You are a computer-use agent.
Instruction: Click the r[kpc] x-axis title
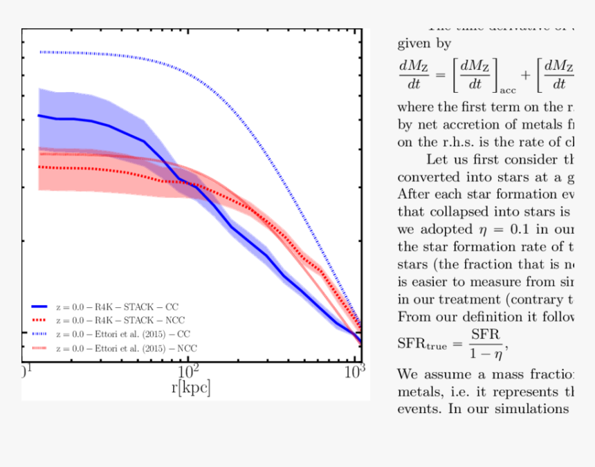coord(190,387)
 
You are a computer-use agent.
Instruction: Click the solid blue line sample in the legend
coord(39,306)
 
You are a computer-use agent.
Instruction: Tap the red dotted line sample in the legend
coord(39,320)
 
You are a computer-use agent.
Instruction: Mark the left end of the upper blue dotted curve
coord(40,52)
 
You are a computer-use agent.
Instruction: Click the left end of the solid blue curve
coord(39,116)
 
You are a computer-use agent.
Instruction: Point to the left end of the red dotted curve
coord(39,167)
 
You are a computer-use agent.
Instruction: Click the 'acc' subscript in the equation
coord(508,91)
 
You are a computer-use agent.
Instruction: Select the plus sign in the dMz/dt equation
coord(527,75)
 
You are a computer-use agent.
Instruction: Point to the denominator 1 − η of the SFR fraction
coord(484,352)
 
